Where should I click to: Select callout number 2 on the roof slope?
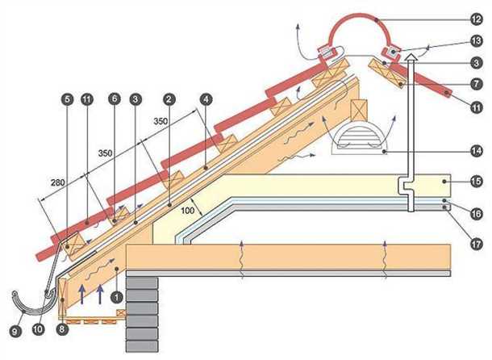click(169, 98)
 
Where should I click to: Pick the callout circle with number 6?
click(115, 98)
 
